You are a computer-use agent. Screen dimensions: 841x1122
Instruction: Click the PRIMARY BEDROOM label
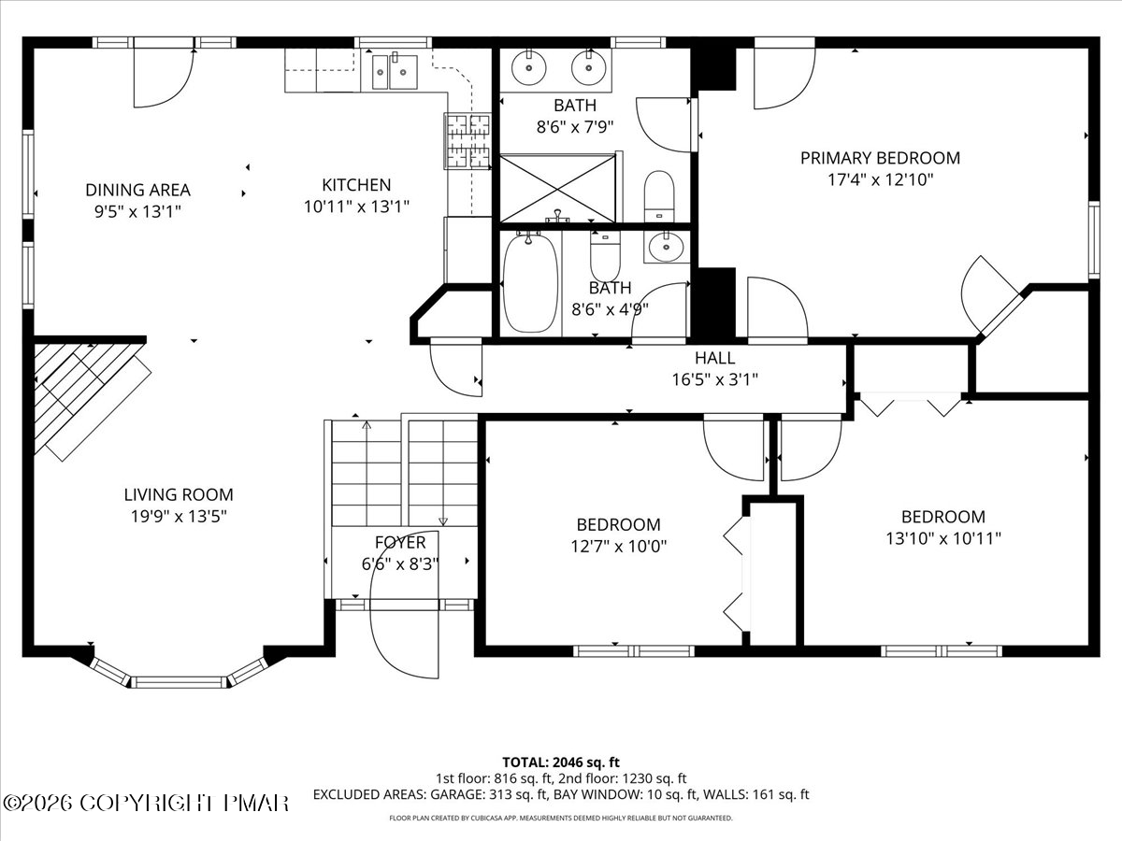click(x=880, y=158)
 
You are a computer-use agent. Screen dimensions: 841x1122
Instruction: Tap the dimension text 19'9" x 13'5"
click(x=179, y=516)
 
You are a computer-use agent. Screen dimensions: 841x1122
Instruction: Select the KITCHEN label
click(x=356, y=185)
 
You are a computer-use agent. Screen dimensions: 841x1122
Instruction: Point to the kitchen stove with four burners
click(x=467, y=141)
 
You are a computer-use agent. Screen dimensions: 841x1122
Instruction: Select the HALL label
click(x=714, y=358)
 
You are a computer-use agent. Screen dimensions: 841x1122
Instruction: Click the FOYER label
click(x=400, y=542)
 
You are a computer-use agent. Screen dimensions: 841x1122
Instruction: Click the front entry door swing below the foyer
click(x=404, y=626)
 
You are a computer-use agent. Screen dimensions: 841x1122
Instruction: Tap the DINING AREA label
click(x=137, y=190)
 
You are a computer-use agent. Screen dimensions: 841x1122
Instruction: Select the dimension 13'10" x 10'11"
click(x=943, y=538)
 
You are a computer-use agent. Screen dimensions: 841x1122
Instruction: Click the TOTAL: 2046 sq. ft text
click(x=561, y=761)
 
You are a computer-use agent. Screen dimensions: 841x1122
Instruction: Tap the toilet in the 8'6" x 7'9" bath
click(x=659, y=193)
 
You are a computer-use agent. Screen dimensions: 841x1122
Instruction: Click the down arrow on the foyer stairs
click(x=443, y=520)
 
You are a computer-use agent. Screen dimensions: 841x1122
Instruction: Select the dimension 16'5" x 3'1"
click(x=714, y=379)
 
